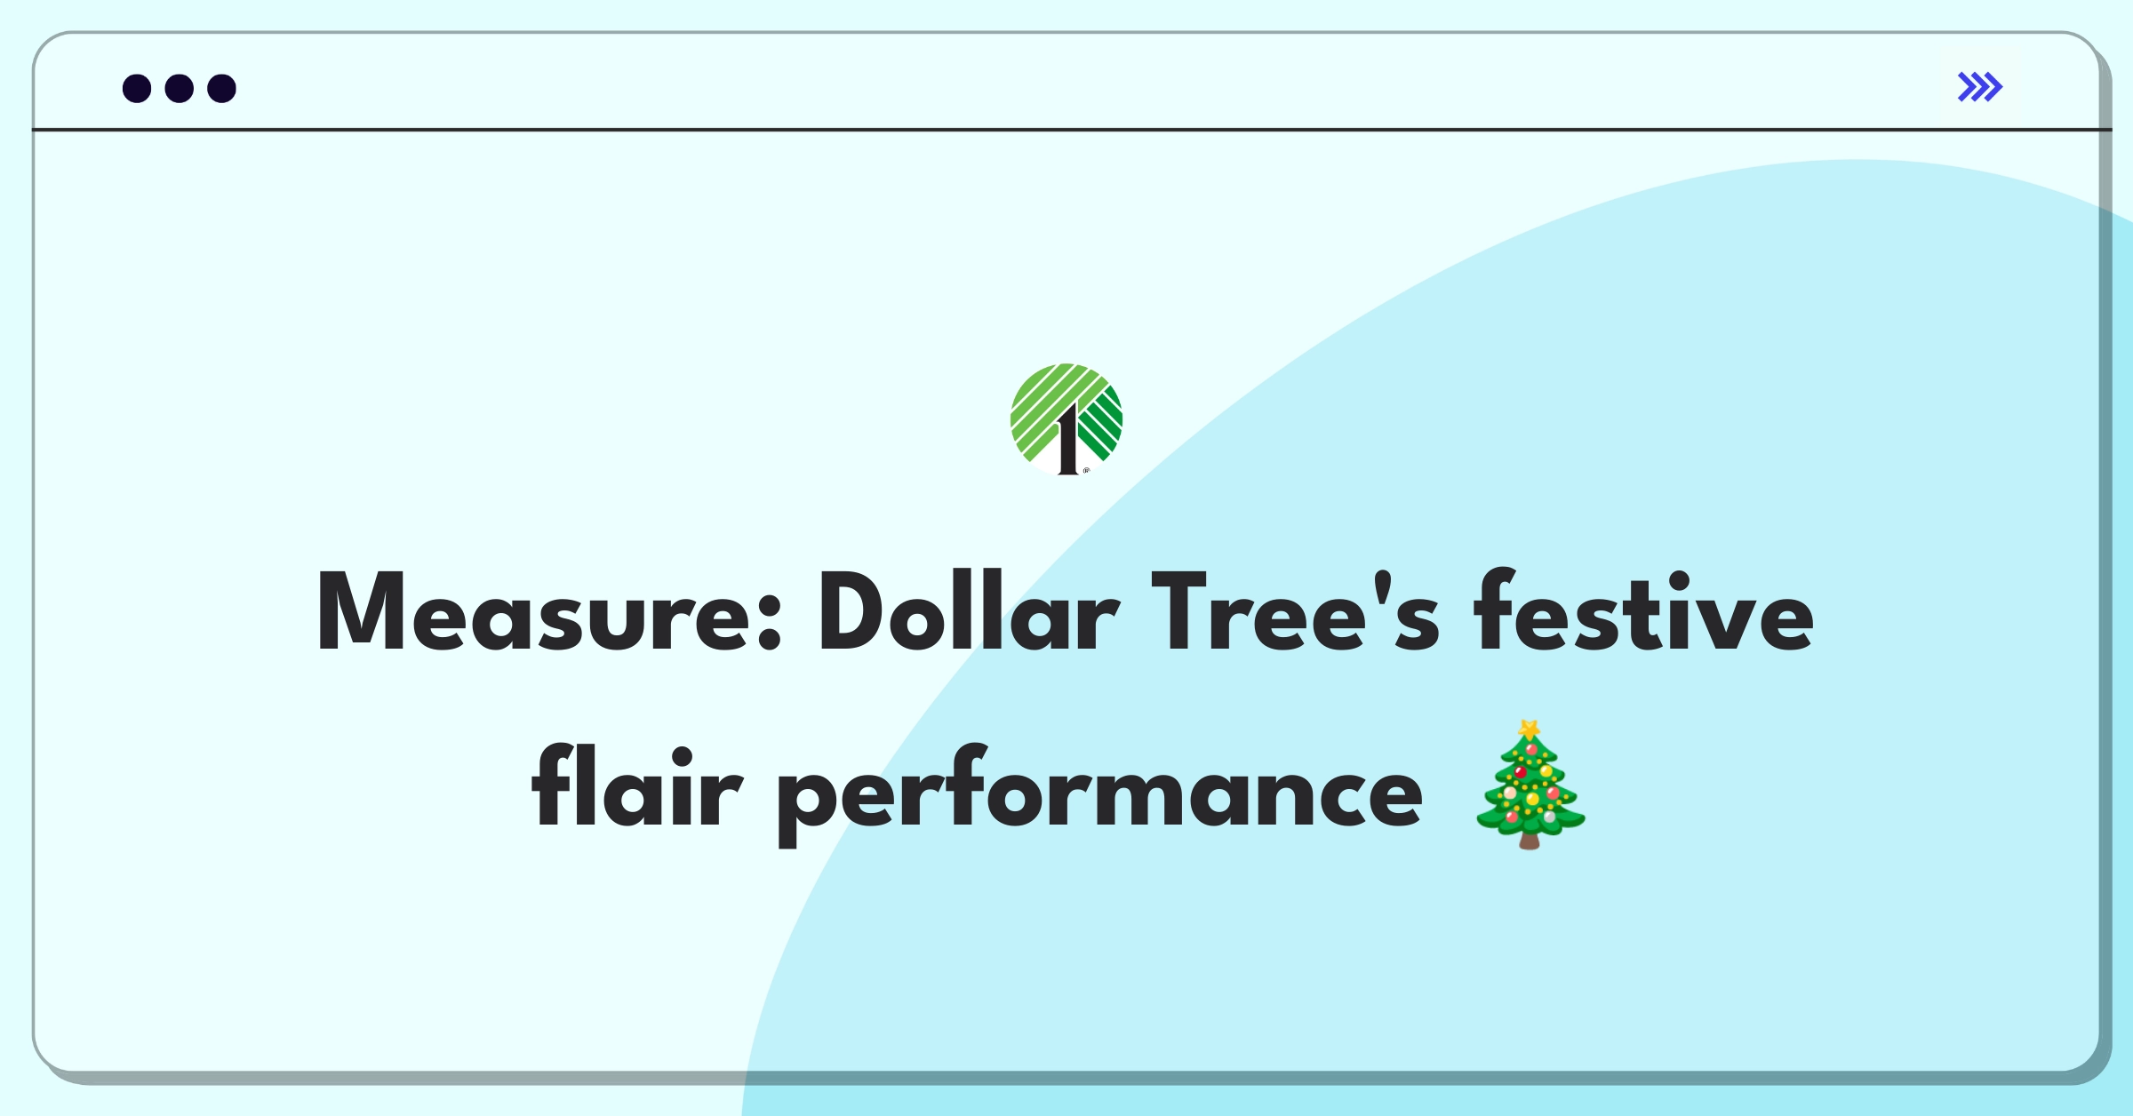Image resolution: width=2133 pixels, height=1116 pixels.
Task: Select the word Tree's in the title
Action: coord(1296,612)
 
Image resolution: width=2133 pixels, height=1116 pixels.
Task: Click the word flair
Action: coord(636,785)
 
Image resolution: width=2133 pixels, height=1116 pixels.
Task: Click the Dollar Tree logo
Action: coord(1066,419)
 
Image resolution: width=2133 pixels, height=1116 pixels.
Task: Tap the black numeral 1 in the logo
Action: coord(1067,439)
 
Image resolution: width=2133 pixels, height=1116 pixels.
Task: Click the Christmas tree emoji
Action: coord(1530,785)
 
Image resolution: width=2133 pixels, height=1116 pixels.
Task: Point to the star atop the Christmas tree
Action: coord(1530,729)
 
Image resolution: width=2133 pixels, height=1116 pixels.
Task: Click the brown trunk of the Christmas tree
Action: coord(1530,840)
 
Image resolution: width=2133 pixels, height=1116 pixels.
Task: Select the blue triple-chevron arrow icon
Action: coord(1980,87)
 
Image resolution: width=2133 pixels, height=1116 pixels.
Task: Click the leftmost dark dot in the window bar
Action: coord(137,88)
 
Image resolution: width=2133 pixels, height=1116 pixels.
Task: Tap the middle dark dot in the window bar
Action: coord(180,88)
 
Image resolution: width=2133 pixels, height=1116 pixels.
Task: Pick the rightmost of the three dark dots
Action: coord(222,88)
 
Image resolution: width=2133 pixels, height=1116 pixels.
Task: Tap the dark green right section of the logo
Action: coord(1100,425)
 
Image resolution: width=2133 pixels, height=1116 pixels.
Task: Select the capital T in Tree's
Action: coord(1178,612)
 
